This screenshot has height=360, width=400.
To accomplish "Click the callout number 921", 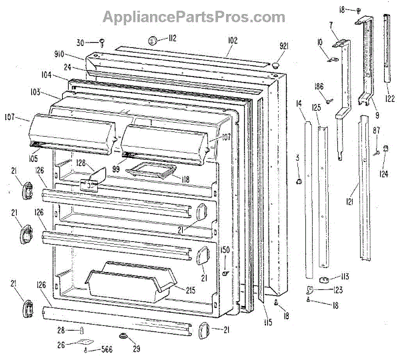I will (283, 46).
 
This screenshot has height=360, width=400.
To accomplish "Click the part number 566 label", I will (106, 350).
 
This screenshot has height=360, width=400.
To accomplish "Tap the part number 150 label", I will (225, 250).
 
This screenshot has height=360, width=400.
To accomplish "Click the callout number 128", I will (80, 163).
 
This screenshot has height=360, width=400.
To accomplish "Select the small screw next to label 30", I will (101, 43).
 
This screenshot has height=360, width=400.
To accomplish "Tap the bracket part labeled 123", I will (311, 290).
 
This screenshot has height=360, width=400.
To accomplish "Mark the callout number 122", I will (389, 99).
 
